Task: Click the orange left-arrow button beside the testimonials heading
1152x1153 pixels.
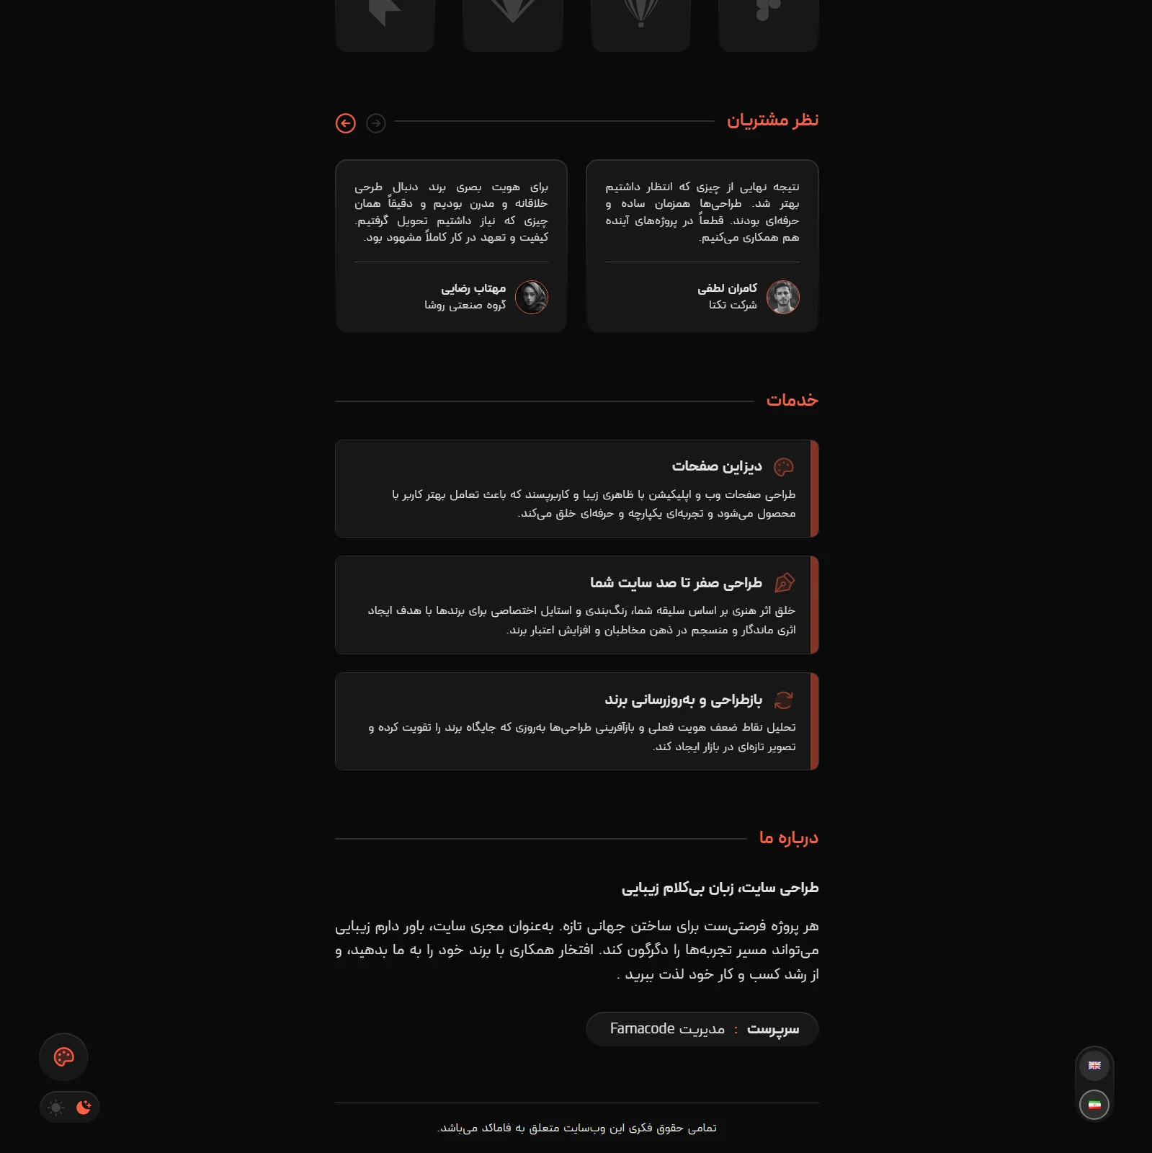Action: coord(346,123)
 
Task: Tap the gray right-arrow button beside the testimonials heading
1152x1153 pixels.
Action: coord(376,123)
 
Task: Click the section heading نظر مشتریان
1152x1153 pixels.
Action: coord(772,120)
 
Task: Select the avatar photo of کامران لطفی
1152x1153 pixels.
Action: coord(782,297)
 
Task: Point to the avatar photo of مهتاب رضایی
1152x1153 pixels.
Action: coord(532,297)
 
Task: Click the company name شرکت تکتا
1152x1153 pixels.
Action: coord(733,305)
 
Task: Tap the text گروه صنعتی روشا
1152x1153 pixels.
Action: coord(465,305)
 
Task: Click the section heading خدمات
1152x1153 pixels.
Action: coord(792,400)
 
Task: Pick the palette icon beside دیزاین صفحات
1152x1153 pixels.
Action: coord(784,467)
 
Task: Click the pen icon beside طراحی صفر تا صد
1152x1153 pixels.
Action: coord(784,582)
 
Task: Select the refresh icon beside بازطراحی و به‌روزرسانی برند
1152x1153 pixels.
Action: coord(784,700)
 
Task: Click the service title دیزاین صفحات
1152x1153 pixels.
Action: coord(717,466)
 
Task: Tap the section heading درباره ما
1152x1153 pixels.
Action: coord(788,837)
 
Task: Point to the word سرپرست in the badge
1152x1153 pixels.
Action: coord(773,1029)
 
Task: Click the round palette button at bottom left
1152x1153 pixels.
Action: coord(64,1057)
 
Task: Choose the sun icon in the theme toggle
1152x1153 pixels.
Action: coord(56,1108)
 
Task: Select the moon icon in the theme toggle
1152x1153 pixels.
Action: coord(84,1107)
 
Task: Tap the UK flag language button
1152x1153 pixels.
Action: coord(1094,1066)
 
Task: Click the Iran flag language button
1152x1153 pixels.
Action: coord(1094,1105)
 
